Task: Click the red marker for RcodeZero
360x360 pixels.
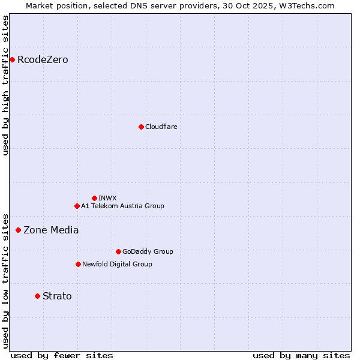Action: tap(12, 59)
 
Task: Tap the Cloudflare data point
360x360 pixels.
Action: tap(141, 127)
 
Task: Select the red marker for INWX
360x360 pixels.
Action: tap(94, 198)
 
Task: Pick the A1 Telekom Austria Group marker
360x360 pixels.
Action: tap(77, 206)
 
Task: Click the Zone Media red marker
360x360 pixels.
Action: tap(18, 230)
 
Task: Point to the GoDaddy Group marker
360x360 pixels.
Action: tap(118, 251)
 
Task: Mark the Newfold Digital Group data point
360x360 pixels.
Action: tap(78, 264)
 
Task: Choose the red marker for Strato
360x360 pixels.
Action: tap(37, 296)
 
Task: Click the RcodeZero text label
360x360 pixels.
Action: tap(43, 60)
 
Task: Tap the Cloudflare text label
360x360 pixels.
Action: tap(161, 127)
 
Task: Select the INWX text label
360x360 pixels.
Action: tap(107, 198)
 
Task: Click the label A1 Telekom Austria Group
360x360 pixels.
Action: tap(122, 206)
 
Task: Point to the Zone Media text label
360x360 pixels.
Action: tap(51, 230)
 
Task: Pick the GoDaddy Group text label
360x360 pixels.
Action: tap(148, 251)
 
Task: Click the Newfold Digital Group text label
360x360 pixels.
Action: tap(117, 264)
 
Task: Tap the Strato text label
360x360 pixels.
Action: tap(57, 296)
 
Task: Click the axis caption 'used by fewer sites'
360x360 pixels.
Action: tap(62, 355)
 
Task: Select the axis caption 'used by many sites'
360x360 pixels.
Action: tap(301, 355)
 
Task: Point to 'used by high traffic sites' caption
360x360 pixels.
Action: tap(5, 86)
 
